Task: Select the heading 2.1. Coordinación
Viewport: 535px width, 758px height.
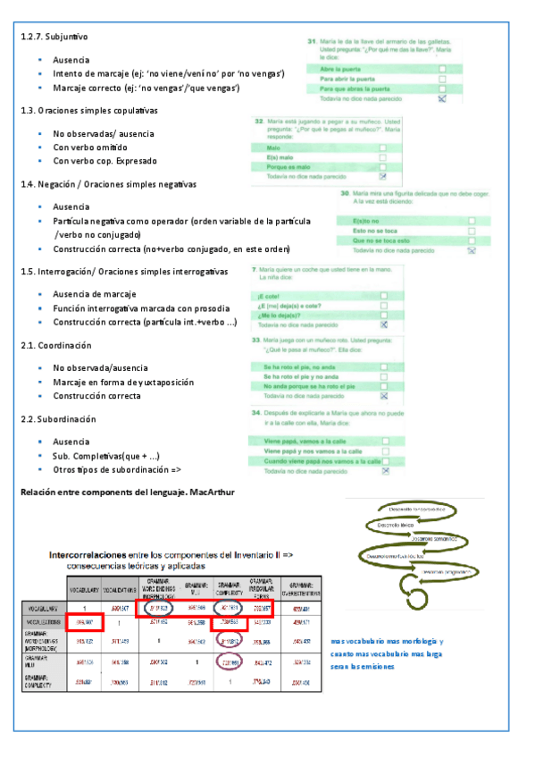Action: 56,345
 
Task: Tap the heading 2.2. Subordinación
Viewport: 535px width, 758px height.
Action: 58,418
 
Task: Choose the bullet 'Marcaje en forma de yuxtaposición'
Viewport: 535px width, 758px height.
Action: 123,382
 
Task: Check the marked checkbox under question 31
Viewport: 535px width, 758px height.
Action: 441,99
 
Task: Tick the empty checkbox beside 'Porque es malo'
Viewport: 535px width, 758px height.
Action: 383,166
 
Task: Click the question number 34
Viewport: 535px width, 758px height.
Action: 257,413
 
